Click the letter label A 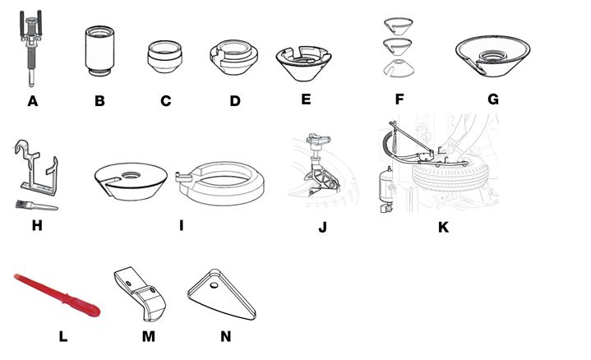coord(33,102)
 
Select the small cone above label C coord(165,54)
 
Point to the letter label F coord(399,102)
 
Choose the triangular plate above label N coord(221,294)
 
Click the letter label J coord(324,227)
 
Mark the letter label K coord(443,227)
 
